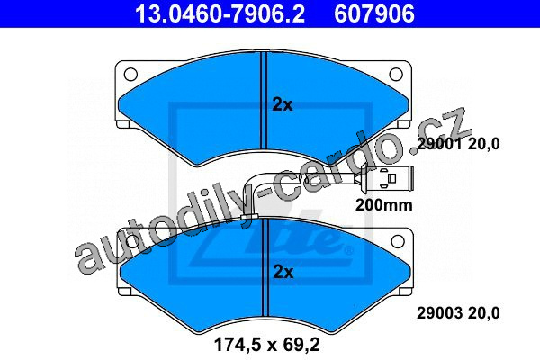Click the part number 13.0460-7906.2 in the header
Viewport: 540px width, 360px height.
(220, 13)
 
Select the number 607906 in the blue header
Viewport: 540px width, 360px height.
(374, 13)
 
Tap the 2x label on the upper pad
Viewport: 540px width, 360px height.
(283, 104)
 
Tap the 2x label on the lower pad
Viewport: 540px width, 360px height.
(283, 272)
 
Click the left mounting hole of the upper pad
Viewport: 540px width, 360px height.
(130, 74)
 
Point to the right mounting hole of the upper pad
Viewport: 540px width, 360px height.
(396, 74)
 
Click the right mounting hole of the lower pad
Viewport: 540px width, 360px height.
(398, 241)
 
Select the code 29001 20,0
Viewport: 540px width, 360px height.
(458, 144)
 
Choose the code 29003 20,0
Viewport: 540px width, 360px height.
(458, 313)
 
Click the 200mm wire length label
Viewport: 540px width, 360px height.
(384, 205)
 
